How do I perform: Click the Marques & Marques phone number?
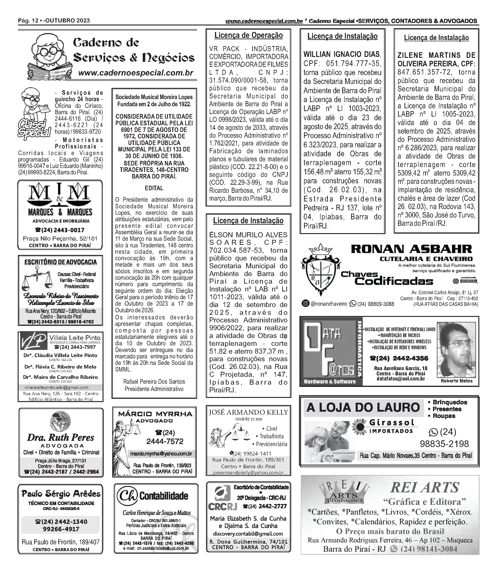[60, 230]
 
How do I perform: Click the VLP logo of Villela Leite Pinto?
[33, 341]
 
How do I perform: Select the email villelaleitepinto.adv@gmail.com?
[57, 387]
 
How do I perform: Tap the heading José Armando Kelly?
[248, 412]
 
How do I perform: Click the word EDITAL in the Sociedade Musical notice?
[154, 188]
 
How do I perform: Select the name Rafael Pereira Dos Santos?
[154, 382]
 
